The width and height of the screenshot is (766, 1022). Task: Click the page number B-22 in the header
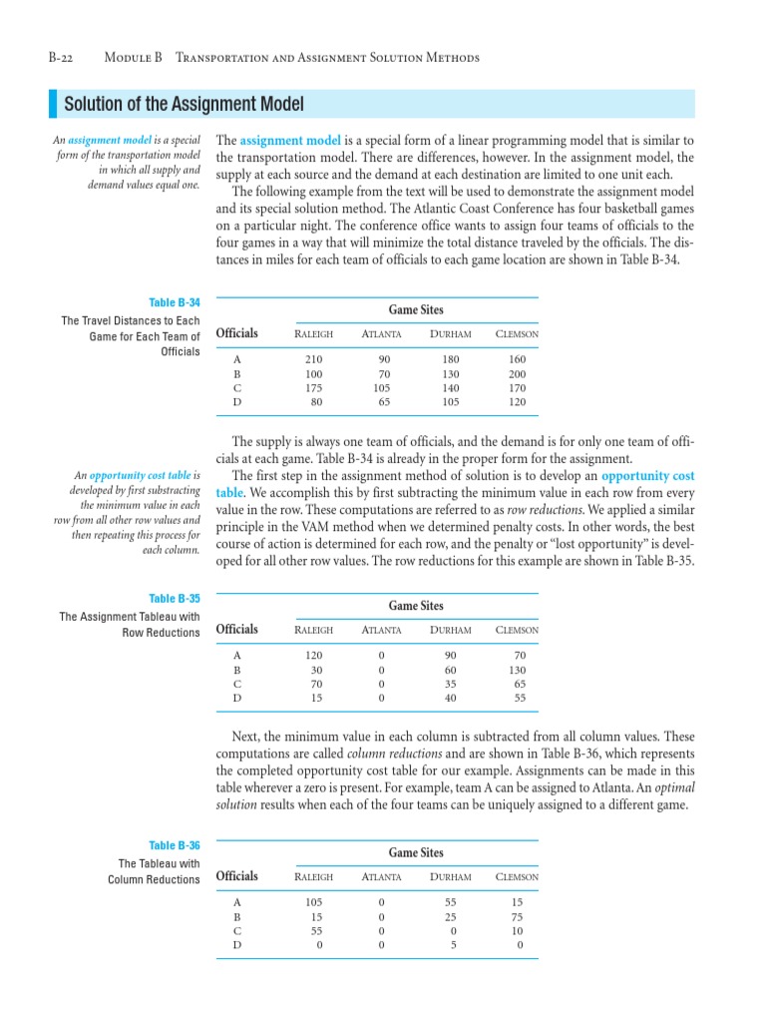[x=65, y=58]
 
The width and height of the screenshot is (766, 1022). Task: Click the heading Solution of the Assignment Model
[x=184, y=105]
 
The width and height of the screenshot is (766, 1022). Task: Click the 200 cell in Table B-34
[x=517, y=373]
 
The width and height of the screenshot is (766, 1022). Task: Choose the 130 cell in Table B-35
[x=517, y=670]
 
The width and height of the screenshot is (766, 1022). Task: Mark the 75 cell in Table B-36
[x=517, y=916]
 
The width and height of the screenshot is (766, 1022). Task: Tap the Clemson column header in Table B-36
[x=517, y=877]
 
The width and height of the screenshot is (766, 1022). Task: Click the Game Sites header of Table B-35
[x=416, y=606]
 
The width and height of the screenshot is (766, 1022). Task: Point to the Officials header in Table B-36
[x=236, y=876]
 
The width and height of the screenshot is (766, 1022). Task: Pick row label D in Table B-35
[x=236, y=698]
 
